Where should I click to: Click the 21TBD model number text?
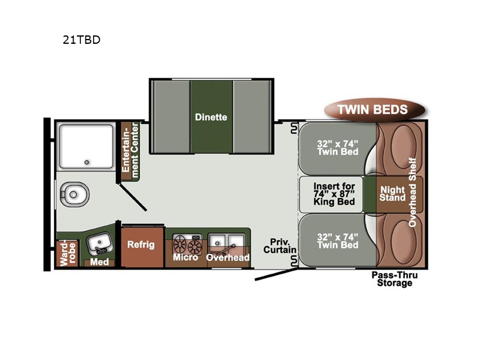point(82,40)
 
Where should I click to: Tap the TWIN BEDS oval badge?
point(374,109)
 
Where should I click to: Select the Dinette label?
point(211,117)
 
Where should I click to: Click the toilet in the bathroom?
point(74,194)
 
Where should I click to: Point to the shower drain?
point(86,162)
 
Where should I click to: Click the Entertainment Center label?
point(130,151)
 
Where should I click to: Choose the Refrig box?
point(142,247)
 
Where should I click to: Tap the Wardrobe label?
point(68,254)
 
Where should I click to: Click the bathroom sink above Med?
point(99,244)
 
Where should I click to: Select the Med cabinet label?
point(99,262)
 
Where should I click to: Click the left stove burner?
point(179,244)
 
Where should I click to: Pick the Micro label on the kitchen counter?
point(185,257)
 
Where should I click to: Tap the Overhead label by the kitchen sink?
point(228,257)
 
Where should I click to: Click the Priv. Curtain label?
point(280,246)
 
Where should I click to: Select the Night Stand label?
point(392,194)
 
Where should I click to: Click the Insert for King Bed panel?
point(331,194)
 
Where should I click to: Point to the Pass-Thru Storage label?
point(395,279)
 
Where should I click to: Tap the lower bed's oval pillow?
point(404,241)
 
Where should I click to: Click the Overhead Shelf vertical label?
point(413,192)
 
